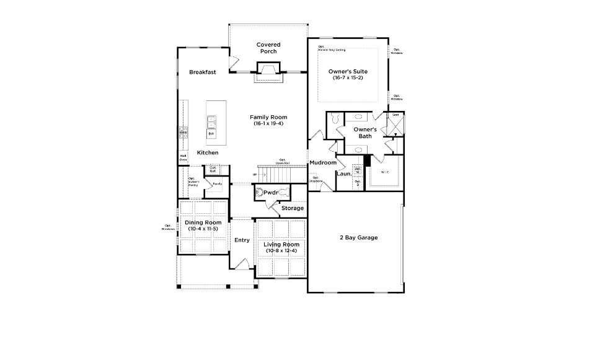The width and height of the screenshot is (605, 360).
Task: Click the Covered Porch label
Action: tap(268, 48)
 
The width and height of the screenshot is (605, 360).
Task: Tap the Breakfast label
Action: tap(202, 72)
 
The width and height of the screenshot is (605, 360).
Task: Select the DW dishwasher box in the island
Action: tap(211, 134)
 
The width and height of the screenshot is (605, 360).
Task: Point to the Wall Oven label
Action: tap(183, 158)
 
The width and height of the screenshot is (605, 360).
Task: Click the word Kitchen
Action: tap(207, 152)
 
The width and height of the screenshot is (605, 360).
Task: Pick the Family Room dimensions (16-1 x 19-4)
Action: tap(268, 124)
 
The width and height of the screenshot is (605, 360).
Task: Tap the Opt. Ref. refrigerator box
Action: tap(213, 168)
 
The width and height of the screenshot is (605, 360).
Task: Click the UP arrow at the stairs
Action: tap(255, 175)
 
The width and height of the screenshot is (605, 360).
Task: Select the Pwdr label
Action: tap(270, 193)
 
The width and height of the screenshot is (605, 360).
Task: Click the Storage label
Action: tap(293, 208)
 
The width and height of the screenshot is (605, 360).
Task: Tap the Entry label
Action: tap(241, 240)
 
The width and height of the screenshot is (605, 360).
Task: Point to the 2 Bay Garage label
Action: tap(358, 237)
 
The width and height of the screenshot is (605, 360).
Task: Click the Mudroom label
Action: tap(323, 163)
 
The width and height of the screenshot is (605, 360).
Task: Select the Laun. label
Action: tap(344, 174)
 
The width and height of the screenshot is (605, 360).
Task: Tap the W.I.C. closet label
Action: tap(384, 172)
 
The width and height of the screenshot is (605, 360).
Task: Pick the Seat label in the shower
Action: tap(395, 115)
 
